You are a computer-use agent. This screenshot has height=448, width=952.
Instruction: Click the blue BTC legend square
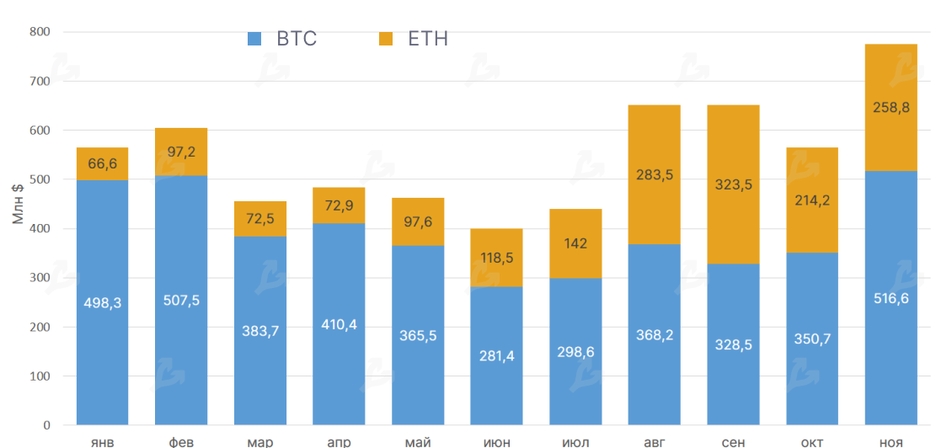(x=254, y=39)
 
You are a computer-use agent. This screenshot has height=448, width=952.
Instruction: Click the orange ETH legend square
(x=386, y=39)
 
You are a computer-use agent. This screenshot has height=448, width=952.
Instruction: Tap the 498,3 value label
(x=102, y=303)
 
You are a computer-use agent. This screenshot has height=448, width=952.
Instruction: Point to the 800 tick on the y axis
(x=40, y=32)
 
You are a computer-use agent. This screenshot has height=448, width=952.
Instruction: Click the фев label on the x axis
(x=181, y=441)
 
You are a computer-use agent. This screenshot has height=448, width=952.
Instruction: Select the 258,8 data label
(x=890, y=107)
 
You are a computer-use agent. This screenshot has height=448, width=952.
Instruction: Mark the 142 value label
(x=575, y=243)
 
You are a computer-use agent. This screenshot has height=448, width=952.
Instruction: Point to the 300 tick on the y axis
(x=40, y=278)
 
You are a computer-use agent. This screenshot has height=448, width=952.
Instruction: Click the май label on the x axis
(x=418, y=441)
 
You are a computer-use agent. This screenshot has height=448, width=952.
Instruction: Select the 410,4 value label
(x=339, y=324)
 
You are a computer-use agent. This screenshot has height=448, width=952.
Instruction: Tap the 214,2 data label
(x=812, y=200)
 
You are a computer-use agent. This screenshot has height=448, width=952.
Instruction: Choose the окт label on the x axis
(x=812, y=441)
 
